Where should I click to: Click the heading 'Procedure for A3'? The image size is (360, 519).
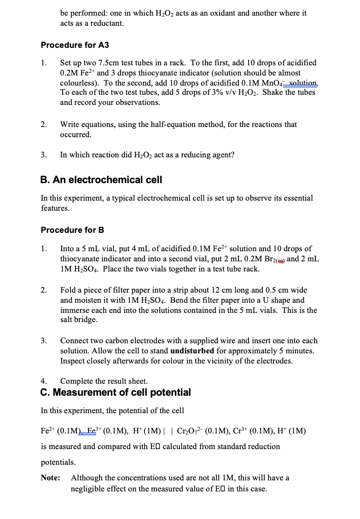pos(75,45)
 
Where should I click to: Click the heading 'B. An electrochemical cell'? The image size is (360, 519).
pos(101,179)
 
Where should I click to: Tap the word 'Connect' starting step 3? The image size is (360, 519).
pos(75,340)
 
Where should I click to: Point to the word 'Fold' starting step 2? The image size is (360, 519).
pos(68,290)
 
